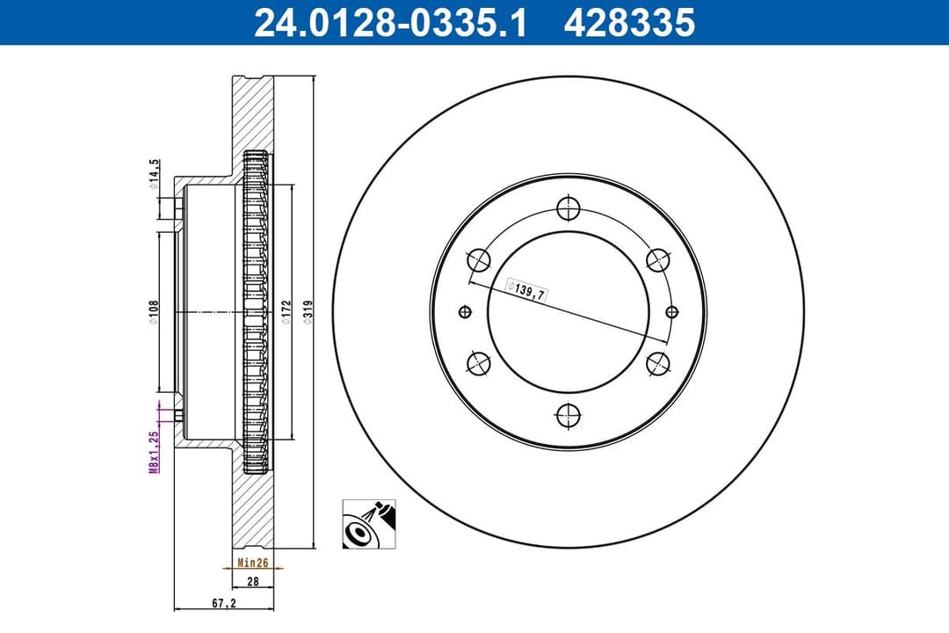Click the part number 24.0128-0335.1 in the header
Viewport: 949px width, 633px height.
coord(389,24)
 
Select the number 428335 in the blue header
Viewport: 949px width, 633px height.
coord(629,24)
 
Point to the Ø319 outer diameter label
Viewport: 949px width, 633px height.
coord(308,314)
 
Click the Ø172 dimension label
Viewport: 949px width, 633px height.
coord(286,314)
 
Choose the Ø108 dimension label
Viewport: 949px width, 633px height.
coord(153,313)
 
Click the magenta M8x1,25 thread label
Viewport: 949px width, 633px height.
coord(153,452)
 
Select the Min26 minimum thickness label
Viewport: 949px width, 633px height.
coord(252,562)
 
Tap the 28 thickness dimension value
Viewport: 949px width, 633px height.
coord(252,582)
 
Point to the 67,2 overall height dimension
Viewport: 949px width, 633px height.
coord(223,603)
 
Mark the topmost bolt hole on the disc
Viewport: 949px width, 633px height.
coord(569,209)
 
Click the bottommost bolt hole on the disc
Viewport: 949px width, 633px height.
coord(569,412)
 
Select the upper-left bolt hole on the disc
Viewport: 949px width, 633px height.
coord(480,260)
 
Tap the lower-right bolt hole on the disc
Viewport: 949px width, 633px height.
coord(657,362)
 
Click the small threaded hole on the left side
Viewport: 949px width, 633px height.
coord(466,311)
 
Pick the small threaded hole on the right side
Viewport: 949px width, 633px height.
coord(672,311)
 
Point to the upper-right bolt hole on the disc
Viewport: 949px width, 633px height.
coord(657,260)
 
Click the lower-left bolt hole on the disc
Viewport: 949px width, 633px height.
coord(480,362)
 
